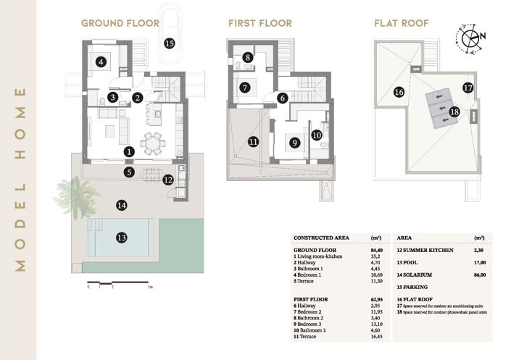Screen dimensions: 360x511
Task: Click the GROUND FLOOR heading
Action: (x=120, y=23)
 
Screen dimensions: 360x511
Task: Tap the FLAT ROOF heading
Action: (x=401, y=23)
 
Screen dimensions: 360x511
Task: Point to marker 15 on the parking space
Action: (x=170, y=43)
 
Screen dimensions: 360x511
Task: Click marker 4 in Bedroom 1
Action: (x=101, y=62)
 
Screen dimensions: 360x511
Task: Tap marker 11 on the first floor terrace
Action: (x=253, y=141)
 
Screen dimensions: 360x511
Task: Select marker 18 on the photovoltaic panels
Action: (x=454, y=112)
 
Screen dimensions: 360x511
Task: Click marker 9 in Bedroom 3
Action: (x=294, y=143)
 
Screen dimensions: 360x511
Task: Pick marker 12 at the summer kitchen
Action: (x=168, y=180)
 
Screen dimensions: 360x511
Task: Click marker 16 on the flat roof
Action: (x=399, y=92)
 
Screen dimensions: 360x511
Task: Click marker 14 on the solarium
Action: (x=122, y=205)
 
